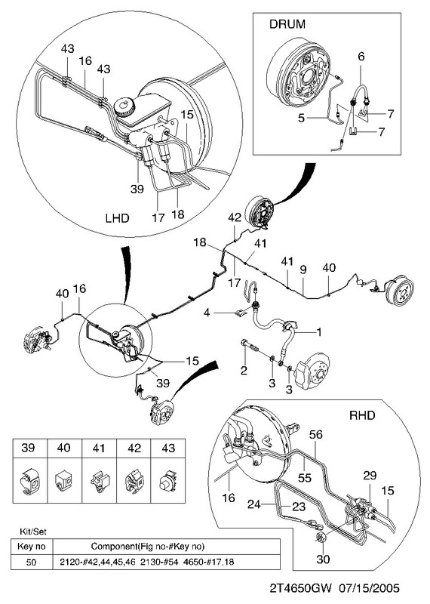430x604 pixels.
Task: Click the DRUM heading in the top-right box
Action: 287,24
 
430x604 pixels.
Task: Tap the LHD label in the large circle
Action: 117,218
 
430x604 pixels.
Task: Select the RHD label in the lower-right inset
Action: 362,415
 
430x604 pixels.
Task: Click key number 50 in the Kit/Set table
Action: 31,562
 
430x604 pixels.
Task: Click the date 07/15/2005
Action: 369,589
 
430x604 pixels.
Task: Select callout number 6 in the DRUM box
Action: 361,56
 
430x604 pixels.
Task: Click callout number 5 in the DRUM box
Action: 301,118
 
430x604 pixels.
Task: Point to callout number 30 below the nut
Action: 323,559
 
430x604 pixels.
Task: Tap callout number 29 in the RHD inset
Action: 370,476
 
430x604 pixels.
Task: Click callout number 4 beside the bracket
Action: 207,313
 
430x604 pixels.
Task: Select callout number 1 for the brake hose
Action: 319,331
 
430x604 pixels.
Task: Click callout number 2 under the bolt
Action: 244,371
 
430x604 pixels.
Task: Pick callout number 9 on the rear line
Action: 303,270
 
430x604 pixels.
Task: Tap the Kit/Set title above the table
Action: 32,532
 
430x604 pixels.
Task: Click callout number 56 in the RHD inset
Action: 315,435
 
